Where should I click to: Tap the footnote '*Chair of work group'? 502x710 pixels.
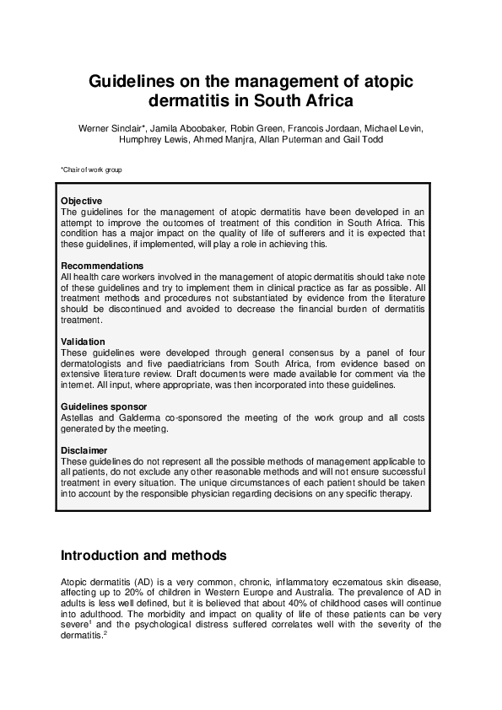pos(91,170)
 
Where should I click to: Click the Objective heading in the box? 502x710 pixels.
pos(82,201)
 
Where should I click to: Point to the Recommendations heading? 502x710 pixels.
pos(102,266)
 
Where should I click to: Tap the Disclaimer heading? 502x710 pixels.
pos(84,450)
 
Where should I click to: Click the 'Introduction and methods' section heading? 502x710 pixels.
pos(143,556)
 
